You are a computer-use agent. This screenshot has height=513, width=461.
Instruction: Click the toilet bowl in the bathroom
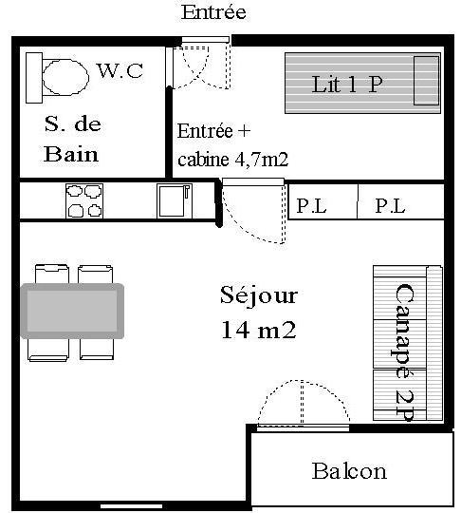pyautogui.click(x=65, y=77)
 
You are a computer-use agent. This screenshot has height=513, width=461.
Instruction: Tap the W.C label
pyautogui.click(x=120, y=70)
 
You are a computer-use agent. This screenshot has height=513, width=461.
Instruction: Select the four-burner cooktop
pyautogui.click(x=84, y=200)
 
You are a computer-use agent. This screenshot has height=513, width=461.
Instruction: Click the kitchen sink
pyautogui.click(x=175, y=200)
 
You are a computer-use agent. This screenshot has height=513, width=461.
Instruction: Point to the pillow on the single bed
pyautogui.click(x=426, y=81)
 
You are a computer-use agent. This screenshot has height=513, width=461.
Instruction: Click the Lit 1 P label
pyautogui.click(x=346, y=85)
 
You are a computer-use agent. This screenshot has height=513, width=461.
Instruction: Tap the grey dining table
pyautogui.click(x=72, y=311)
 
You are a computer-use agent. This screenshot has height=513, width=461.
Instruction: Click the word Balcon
pyautogui.click(x=349, y=471)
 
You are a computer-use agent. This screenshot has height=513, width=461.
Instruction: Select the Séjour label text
pyautogui.click(x=259, y=295)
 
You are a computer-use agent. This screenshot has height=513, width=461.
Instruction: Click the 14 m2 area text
pyautogui.click(x=259, y=330)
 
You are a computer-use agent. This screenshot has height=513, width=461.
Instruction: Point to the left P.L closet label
pyautogui.click(x=311, y=206)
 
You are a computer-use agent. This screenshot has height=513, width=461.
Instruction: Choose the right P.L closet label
pyautogui.click(x=390, y=206)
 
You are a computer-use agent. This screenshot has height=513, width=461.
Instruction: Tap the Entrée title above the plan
pyautogui.click(x=213, y=12)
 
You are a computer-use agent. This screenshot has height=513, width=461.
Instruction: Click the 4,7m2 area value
pyautogui.click(x=262, y=160)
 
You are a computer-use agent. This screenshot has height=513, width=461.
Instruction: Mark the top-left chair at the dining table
pyautogui.click(x=52, y=275)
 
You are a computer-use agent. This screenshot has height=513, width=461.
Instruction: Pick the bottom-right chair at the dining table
pyautogui.click(x=97, y=349)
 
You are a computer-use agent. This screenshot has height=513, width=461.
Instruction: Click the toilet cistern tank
pyautogui.click(x=34, y=78)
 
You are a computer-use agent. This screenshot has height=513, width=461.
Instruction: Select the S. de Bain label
pyautogui.click(x=71, y=140)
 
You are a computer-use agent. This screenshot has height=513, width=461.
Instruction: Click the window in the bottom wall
pyautogui.click(x=131, y=506)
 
